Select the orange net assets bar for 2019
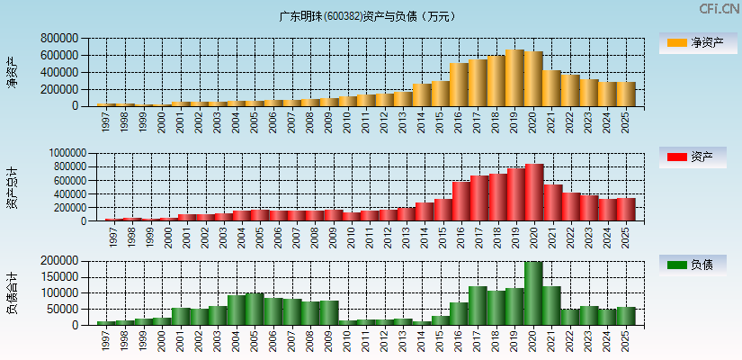(514, 78)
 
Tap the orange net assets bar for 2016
(459, 85)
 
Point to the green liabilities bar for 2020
(533, 293)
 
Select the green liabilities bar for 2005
(255, 309)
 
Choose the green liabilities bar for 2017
(478, 306)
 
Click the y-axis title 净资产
(12, 72)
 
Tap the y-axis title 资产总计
(12, 187)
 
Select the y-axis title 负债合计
(12, 293)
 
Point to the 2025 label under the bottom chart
(626, 339)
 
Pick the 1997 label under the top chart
(106, 121)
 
